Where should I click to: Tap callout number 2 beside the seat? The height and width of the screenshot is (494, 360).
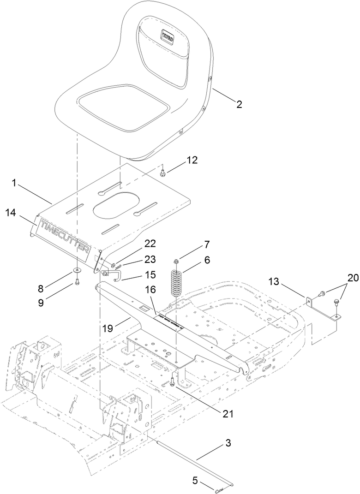[239, 104]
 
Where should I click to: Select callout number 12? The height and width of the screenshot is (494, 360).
[192, 160]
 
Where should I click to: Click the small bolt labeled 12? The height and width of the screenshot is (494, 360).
[162, 173]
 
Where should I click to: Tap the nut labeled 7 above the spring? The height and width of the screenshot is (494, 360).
[176, 262]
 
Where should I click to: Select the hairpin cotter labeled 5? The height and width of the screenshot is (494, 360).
[219, 486]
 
